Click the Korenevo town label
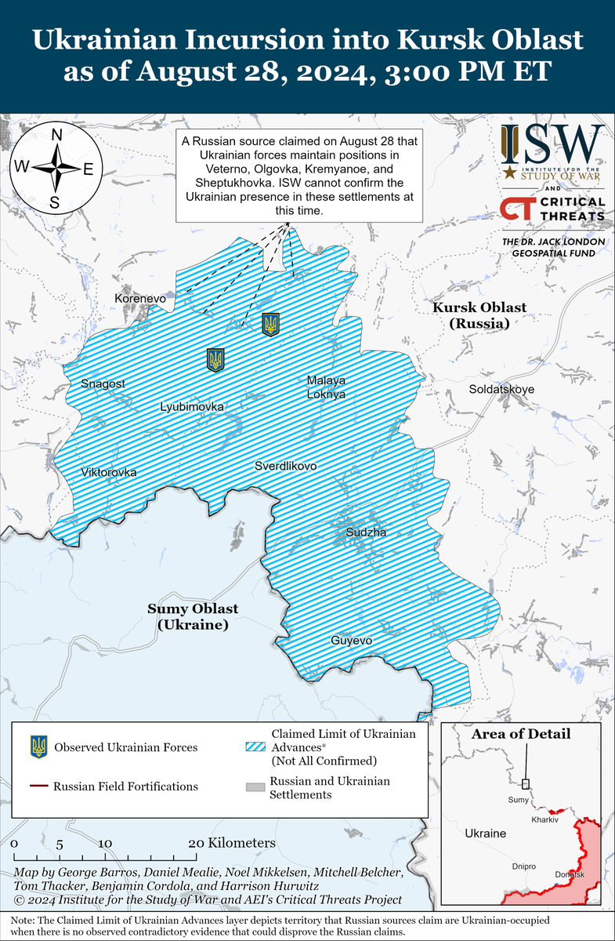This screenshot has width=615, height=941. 140,299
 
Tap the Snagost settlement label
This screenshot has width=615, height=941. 103,383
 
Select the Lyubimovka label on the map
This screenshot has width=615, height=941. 192,407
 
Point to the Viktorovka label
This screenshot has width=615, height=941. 109,472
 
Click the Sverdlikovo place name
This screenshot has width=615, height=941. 286,466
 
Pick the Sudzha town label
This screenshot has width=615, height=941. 367,532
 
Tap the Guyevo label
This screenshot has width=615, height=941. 352,641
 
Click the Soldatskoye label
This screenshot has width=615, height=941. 501,389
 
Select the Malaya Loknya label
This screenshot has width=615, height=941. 326,387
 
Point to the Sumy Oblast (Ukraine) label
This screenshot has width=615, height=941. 193,616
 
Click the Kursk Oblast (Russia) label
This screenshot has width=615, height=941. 479,315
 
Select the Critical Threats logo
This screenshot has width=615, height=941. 552,209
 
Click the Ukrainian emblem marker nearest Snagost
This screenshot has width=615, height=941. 215,360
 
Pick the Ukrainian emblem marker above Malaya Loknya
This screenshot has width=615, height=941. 271,323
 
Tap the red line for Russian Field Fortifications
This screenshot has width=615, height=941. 38,786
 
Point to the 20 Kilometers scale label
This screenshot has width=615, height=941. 232,843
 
